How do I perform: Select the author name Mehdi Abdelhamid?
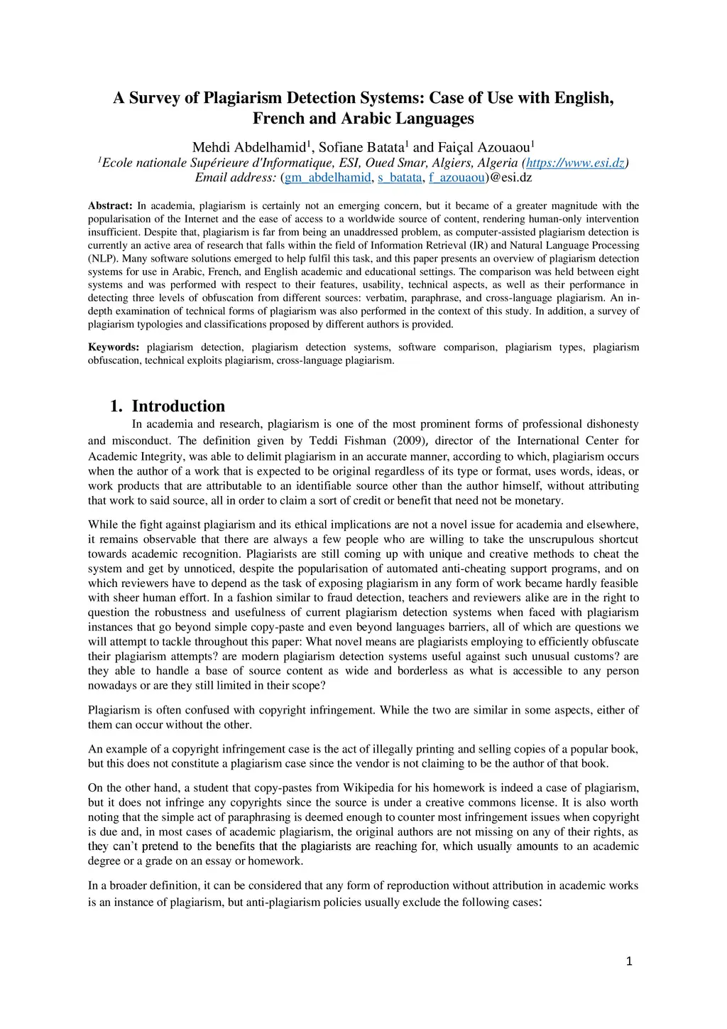[x=248, y=148]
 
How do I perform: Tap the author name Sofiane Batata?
[x=361, y=148]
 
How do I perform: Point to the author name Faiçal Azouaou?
[x=483, y=148]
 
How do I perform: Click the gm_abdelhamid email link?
[x=327, y=178]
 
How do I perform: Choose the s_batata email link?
[x=400, y=178]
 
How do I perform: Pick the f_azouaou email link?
[x=457, y=178]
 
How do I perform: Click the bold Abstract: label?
[x=110, y=206]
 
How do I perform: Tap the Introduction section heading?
[x=178, y=406]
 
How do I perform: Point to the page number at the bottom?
[x=628, y=962]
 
